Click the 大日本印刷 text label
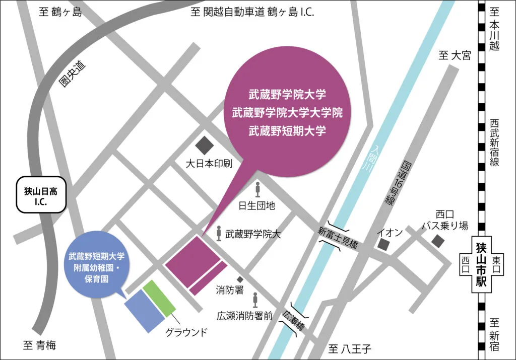point(208,164)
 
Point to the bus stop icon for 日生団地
point(258,190)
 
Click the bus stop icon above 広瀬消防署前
point(255,300)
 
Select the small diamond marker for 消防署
point(240,279)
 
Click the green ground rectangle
point(159,298)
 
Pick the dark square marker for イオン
point(384,245)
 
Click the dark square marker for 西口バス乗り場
point(438,241)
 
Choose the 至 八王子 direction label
point(349,348)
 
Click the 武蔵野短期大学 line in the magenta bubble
point(287,131)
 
